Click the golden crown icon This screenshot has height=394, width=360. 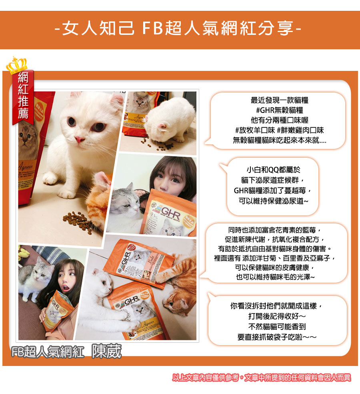[16, 65]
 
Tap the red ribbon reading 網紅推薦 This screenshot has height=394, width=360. [23, 97]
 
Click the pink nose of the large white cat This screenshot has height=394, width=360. [80, 140]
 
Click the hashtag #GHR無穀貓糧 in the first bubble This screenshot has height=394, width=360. [280, 110]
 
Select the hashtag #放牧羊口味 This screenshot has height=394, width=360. [254, 130]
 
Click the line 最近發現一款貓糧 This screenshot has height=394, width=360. [280, 100]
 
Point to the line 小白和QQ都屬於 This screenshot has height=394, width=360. [273, 170]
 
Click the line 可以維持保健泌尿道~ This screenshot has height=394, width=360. [273, 201]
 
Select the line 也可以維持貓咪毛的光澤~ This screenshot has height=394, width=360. [275, 277]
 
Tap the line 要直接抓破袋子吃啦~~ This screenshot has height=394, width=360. [277, 337]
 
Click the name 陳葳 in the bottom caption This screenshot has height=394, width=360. [106, 351]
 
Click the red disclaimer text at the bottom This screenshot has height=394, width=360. [261, 378]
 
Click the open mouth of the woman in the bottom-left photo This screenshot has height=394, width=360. [66, 287]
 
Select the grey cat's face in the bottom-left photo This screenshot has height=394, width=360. [42, 273]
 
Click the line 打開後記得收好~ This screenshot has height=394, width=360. [277, 316]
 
